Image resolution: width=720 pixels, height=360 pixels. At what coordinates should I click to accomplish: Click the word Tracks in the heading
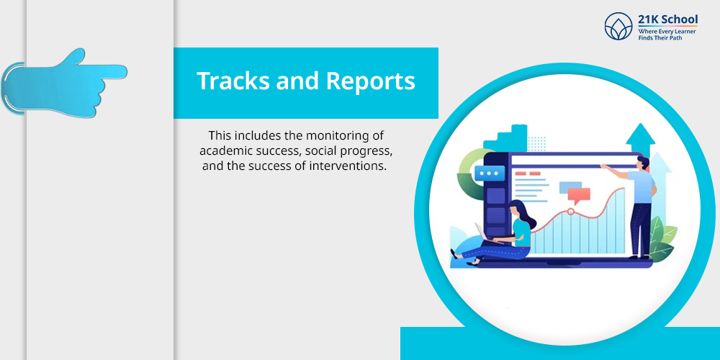tap(233, 81)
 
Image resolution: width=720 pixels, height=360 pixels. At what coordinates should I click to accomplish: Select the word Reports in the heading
tap(371, 82)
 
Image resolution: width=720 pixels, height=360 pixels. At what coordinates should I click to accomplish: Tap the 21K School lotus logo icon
tap(618, 26)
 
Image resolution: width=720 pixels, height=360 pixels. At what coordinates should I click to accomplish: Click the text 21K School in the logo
tap(667, 19)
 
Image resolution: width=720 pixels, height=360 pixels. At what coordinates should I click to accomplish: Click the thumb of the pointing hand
tap(76, 56)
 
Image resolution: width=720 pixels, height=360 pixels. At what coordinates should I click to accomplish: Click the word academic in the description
tap(220, 151)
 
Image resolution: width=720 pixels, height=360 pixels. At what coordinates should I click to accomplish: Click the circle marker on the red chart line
tap(571, 212)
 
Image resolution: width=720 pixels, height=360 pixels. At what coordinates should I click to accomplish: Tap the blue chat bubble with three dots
tap(490, 174)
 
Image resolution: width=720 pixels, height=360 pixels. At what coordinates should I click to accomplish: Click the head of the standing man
tap(643, 162)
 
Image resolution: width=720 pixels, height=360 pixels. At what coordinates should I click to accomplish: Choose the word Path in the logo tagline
tap(675, 38)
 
